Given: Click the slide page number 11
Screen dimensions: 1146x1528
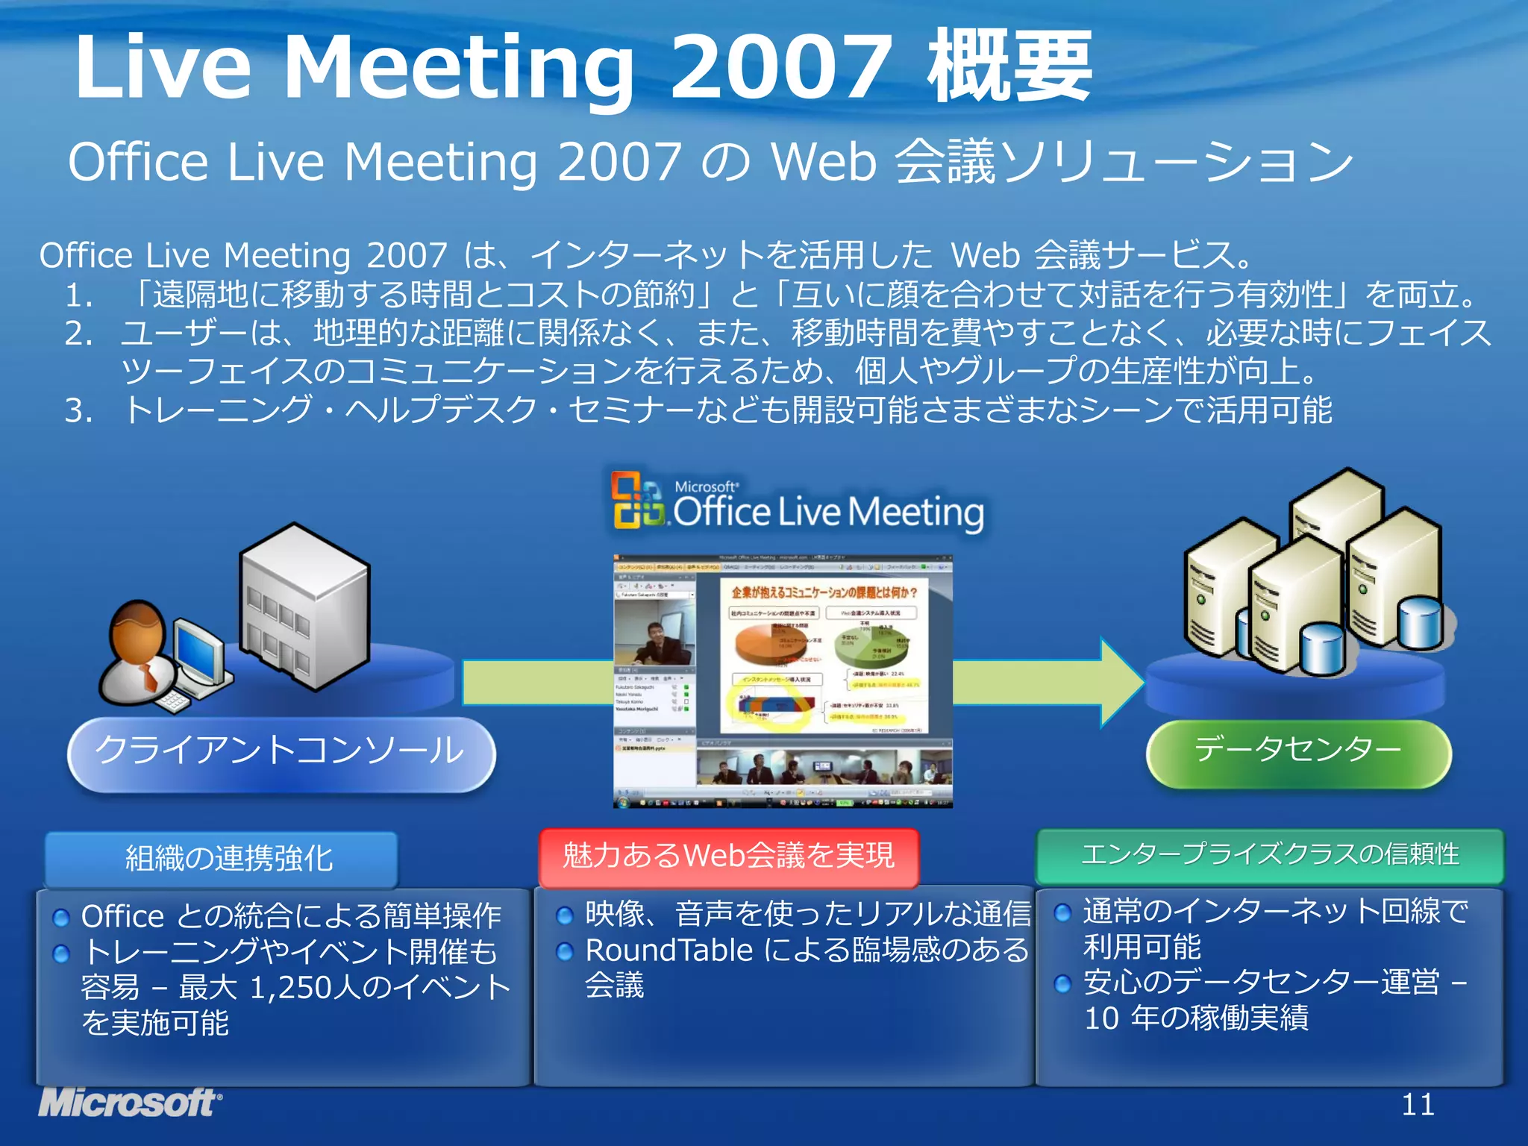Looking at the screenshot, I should [1417, 1104].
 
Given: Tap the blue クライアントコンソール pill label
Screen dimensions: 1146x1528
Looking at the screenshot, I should [281, 752].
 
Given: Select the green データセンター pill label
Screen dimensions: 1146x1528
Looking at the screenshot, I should [1298, 751].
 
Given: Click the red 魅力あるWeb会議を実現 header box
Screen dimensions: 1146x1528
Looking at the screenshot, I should [728, 857].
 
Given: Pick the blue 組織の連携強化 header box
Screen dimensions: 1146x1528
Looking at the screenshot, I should [222, 858].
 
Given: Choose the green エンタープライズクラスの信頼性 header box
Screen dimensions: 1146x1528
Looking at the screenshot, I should [1270, 855].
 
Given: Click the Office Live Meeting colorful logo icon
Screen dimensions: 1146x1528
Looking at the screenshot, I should [636, 500].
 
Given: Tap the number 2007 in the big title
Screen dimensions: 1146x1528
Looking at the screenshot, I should [780, 67].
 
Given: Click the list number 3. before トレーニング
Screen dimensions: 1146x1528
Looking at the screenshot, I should [79, 410].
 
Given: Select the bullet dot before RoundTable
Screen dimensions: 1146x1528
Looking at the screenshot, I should [565, 951].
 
